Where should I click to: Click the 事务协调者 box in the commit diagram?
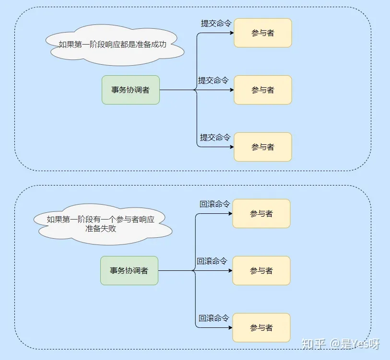[x=130, y=90]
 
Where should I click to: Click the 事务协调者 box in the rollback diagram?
[x=129, y=270]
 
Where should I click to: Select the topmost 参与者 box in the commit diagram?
[x=262, y=33]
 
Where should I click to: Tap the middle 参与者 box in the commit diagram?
[x=262, y=90]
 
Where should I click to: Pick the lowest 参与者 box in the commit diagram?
[x=262, y=147]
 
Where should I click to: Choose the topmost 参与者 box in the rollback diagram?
[x=261, y=213]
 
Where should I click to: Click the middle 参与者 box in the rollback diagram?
[x=261, y=270]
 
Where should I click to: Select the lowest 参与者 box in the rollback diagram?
[x=261, y=327]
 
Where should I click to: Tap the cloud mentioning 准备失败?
[x=101, y=224]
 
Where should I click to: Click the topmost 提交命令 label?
[x=215, y=23]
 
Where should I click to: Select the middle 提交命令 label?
[x=213, y=80]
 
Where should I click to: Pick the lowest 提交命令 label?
[x=215, y=137]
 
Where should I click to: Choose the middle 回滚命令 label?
[x=212, y=261]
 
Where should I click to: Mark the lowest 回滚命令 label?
[x=214, y=318]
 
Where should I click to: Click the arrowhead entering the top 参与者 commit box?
[x=231, y=33]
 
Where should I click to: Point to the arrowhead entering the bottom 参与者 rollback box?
[x=230, y=327]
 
